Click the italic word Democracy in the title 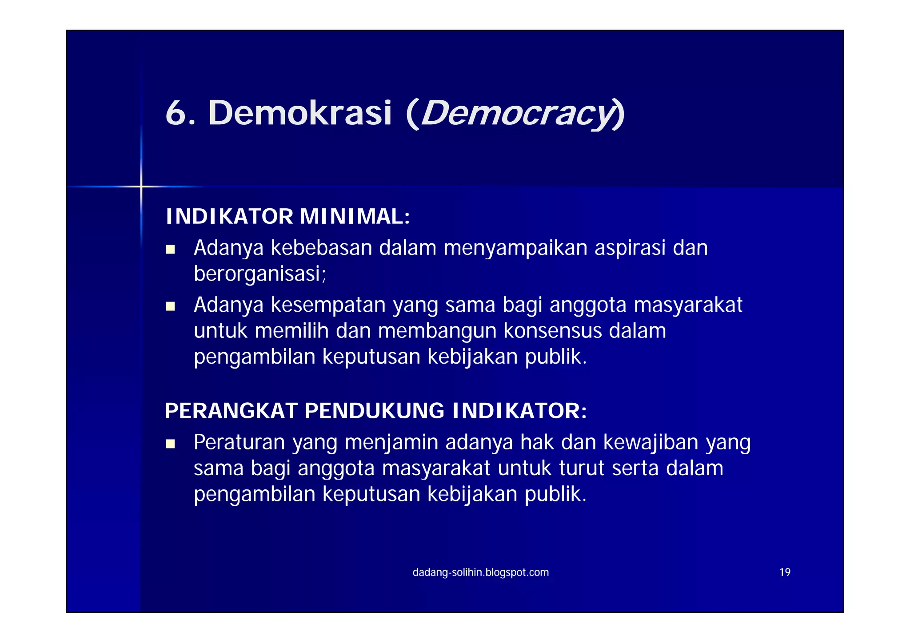[517, 113]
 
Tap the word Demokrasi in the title [300, 113]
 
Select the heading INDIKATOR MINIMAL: [287, 217]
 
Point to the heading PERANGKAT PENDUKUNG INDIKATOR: [376, 411]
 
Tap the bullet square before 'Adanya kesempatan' [170, 306]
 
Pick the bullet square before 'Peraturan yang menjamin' [170, 444]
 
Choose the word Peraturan [239, 442]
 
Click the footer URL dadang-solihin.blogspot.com [481, 572]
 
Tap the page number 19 [785, 572]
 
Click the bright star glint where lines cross [141, 187]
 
